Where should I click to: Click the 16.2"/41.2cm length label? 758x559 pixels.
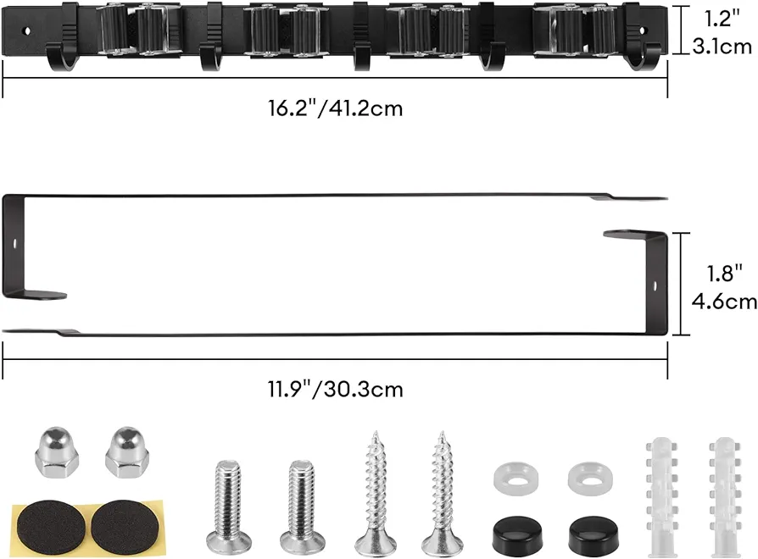click(336, 108)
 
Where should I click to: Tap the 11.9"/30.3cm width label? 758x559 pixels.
click(336, 389)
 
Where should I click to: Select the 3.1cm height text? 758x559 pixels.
click(722, 47)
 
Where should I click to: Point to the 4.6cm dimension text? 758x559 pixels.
click(724, 302)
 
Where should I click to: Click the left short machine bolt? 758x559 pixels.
click(228, 506)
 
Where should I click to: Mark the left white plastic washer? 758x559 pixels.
click(516, 478)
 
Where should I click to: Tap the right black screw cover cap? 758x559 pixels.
click(594, 536)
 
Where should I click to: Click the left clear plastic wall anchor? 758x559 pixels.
click(660, 497)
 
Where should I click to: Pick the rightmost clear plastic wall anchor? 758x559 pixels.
click(725, 497)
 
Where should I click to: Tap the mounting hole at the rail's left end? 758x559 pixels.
click(27, 30)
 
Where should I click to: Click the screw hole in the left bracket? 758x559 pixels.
click(14, 243)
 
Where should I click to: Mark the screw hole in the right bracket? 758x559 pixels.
click(655, 286)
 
